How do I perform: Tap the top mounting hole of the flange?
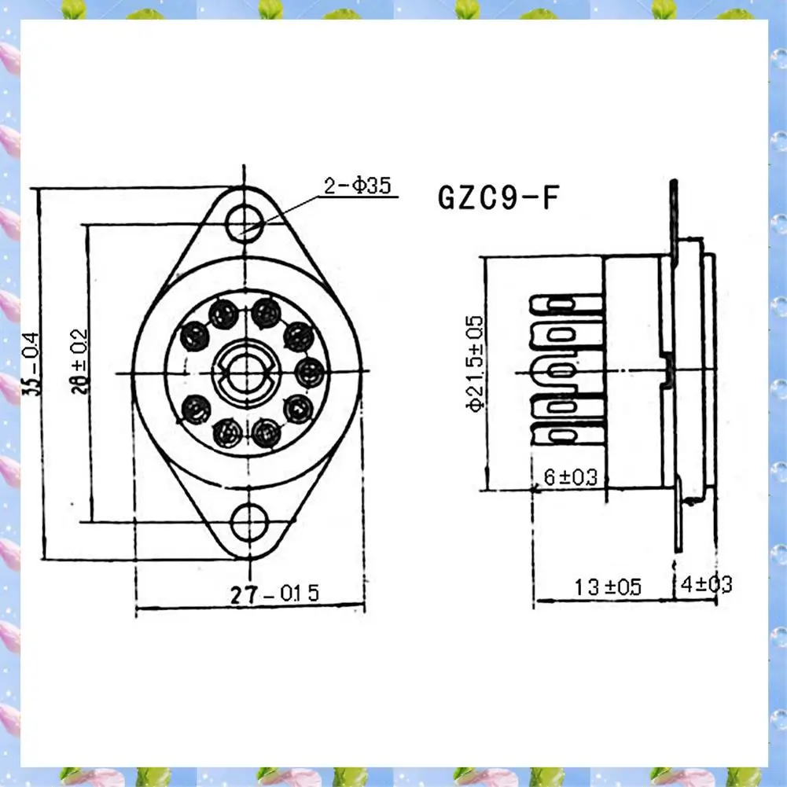[245, 222]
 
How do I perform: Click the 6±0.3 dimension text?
[570, 476]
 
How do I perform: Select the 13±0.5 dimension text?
[606, 587]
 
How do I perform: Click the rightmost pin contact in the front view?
[309, 370]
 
